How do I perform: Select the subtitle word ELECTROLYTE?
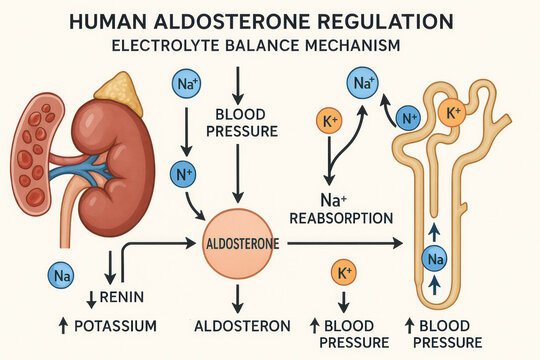tap(165, 45)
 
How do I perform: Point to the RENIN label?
tap(127, 297)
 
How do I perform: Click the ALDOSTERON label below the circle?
tap(244, 326)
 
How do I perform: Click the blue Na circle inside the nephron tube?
tap(435, 260)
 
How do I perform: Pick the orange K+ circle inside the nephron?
tap(451, 114)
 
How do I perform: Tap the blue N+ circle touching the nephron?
tap(407, 119)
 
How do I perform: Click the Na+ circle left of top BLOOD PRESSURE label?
tap(186, 85)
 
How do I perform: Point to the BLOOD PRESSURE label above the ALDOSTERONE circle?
tap(239, 121)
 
